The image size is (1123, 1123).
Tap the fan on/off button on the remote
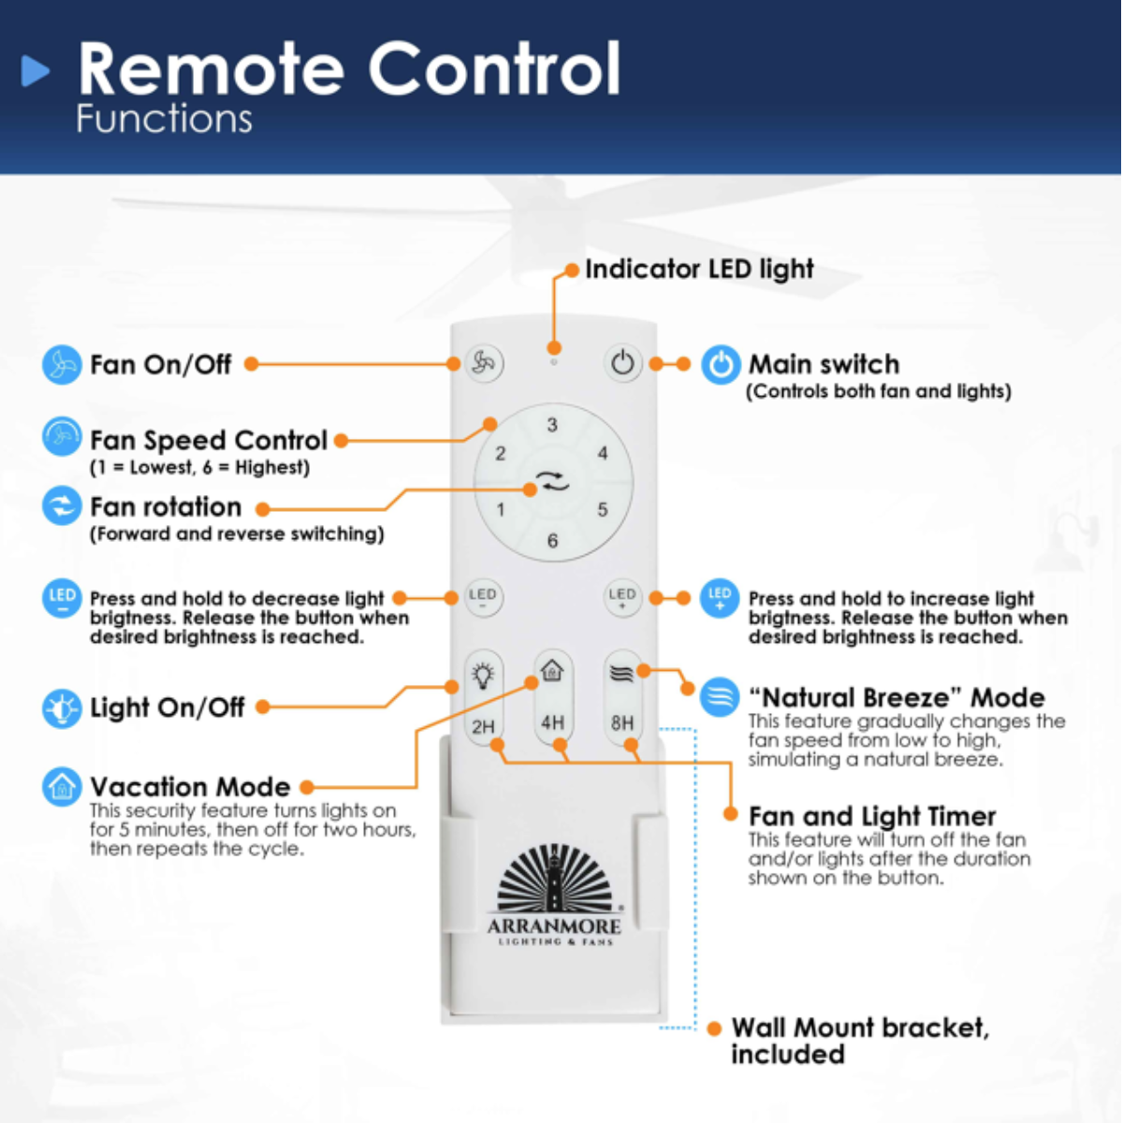(483, 363)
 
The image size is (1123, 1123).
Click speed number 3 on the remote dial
(552, 425)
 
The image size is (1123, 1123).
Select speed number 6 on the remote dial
(552, 541)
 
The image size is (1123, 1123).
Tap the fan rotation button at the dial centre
(552, 483)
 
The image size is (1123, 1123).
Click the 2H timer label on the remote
(483, 726)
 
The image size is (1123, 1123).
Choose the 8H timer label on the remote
(622, 722)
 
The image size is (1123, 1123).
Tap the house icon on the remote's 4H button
(552, 671)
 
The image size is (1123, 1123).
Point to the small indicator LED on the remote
(553, 361)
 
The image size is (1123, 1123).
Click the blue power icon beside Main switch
(721, 364)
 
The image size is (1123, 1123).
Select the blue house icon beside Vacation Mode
(62, 787)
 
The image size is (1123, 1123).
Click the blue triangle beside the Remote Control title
(36, 70)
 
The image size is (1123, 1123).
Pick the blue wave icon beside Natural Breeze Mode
(720, 697)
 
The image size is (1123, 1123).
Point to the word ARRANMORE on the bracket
(554, 926)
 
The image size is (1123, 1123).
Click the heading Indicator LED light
(699, 270)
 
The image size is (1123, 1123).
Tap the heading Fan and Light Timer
(872, 816)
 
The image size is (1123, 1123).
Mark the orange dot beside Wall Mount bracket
(714, 1028)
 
